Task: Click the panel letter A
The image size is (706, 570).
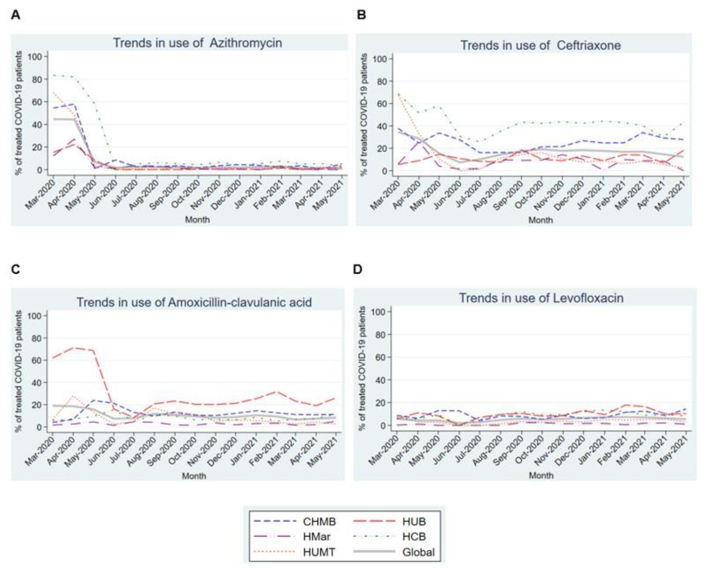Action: tap(15, 15)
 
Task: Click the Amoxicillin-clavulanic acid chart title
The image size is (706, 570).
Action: tap(194, 302)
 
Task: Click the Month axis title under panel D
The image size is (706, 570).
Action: tap(541, 475)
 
